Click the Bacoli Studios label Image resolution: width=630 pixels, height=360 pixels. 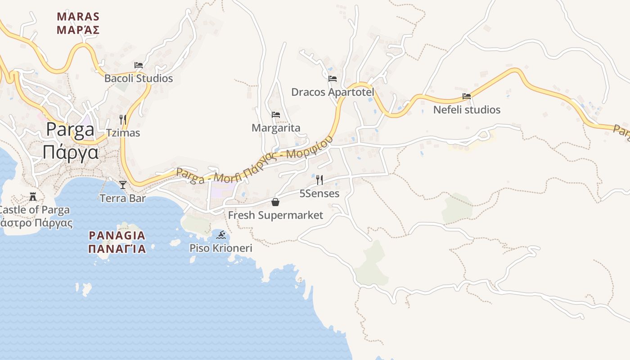click(139, 78)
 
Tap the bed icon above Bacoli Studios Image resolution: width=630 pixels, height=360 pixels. click(139, 65)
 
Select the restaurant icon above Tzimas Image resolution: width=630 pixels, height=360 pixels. click(122, 119)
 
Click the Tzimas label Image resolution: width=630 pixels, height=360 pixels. click(123, 133)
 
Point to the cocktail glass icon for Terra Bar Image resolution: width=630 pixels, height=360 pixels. click(122, 184)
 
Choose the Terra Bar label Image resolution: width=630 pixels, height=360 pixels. click(122, 198)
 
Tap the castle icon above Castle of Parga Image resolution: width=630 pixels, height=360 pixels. click(32, 196)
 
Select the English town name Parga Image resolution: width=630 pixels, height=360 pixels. click(71, 130)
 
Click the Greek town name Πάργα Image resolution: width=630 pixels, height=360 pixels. click(71, 152)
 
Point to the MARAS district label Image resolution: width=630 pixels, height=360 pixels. click(78, 17)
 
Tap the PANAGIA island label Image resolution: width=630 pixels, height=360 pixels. click(117, 235)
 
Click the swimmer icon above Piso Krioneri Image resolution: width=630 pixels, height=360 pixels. click(221, 234)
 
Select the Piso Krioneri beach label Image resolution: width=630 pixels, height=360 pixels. click(221, 248)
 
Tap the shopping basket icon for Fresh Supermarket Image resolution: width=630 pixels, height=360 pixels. click(275, 202)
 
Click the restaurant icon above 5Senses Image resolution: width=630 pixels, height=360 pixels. click(319, 180)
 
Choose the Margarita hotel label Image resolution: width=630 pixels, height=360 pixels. click(276, 128)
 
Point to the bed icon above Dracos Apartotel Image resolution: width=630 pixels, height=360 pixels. click(333, 79)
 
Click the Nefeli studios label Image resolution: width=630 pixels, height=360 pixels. click(467, 109)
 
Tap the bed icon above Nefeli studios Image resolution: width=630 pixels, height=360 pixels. click(467, 96)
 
